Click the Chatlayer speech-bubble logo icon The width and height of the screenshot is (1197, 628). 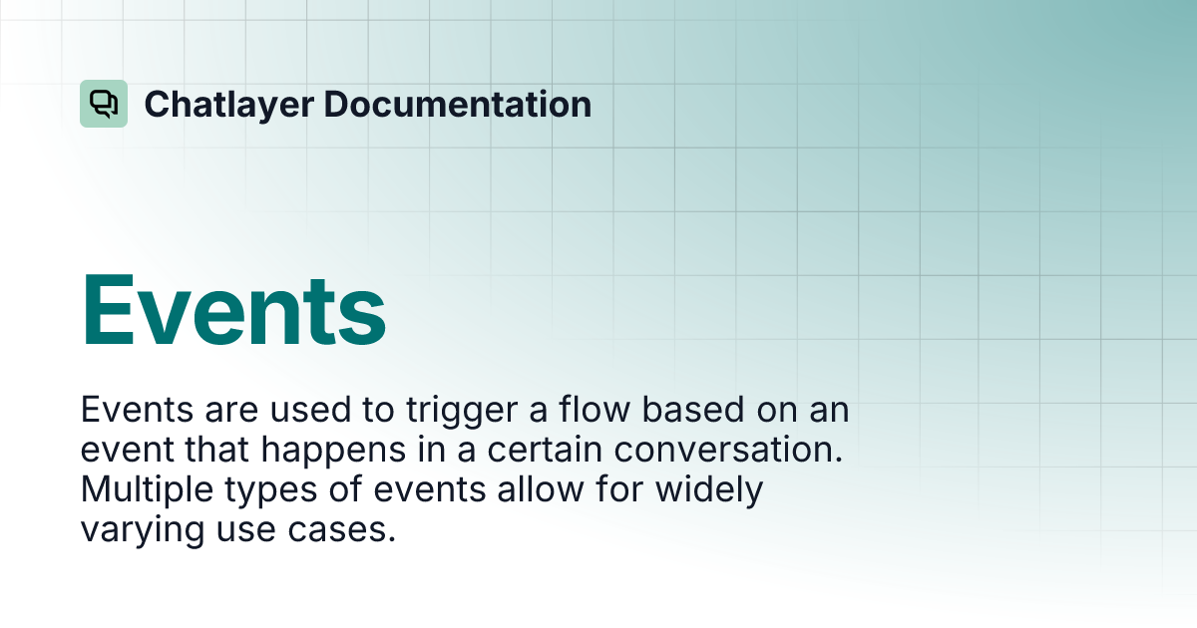[x=104, y=104]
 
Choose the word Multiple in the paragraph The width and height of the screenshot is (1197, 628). [x=144, y=490]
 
